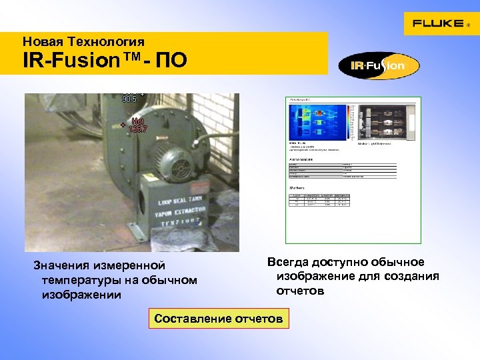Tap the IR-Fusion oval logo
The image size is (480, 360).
[379, 65]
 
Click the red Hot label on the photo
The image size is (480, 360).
[138, 121]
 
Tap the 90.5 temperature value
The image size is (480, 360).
[129, 99]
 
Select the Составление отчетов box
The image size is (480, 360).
[218, 319]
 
